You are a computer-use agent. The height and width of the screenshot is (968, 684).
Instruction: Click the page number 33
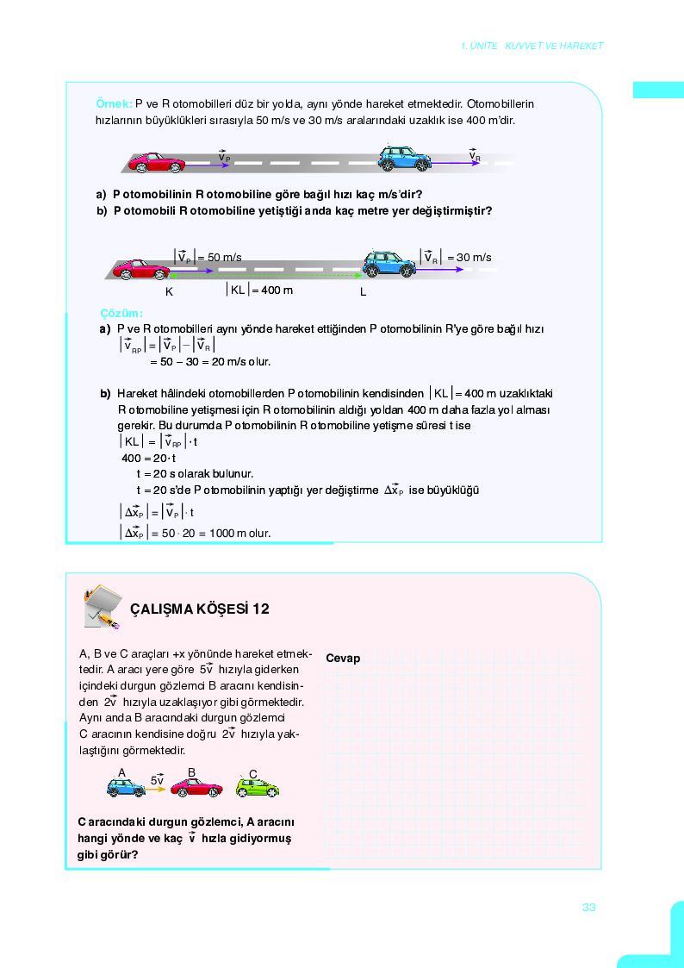tap(589, 907)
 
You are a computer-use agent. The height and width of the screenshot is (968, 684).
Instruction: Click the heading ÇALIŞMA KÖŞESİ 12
tap(199, 609)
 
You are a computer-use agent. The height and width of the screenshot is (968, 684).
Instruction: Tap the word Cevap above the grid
tap(343, 659)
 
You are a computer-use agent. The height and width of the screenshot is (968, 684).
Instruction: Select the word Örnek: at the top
tap(114, 103)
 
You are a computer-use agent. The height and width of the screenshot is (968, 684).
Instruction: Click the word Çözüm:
tap(121, 313)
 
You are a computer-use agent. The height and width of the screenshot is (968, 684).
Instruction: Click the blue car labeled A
tap(126, 787)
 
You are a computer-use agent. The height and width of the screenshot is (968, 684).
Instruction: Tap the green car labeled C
tap(258, 787)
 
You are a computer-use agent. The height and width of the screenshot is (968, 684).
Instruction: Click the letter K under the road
tap(169, 292)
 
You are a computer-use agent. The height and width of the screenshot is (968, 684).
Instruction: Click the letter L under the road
tap(364, 292)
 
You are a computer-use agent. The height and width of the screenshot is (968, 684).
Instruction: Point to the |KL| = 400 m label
tap(258, 290)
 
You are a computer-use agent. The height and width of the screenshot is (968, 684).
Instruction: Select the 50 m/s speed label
tap(208, 257)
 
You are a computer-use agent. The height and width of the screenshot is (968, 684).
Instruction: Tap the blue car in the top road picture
tap(404, 159)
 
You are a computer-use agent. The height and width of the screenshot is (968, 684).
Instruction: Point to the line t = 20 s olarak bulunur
tap(195, 473)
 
